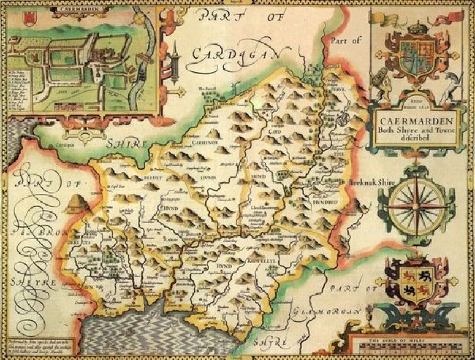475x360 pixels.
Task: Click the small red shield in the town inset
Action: click(26, 20)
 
